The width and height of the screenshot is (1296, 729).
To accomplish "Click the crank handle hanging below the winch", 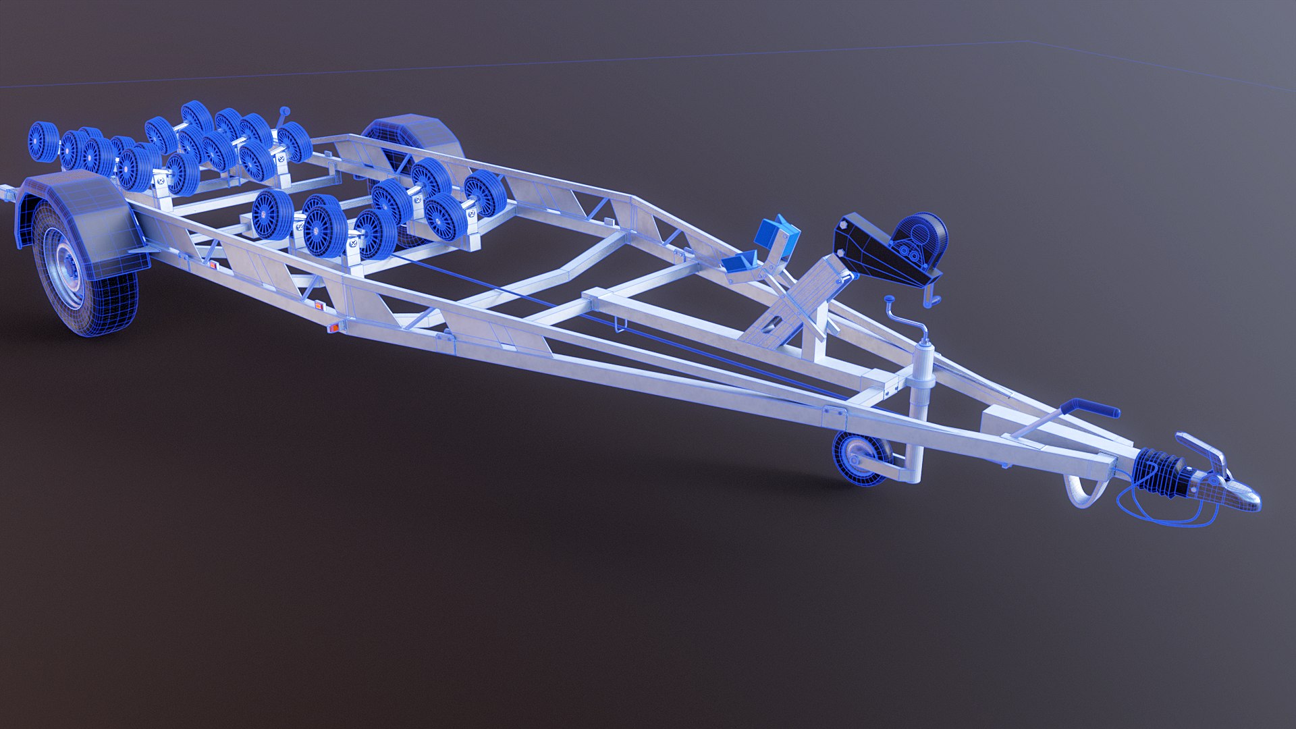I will tap(932, 297).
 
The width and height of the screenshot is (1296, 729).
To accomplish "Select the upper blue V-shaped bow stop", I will tap(779, 234).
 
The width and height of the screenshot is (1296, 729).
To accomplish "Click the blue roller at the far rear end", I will tap(42, 142).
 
